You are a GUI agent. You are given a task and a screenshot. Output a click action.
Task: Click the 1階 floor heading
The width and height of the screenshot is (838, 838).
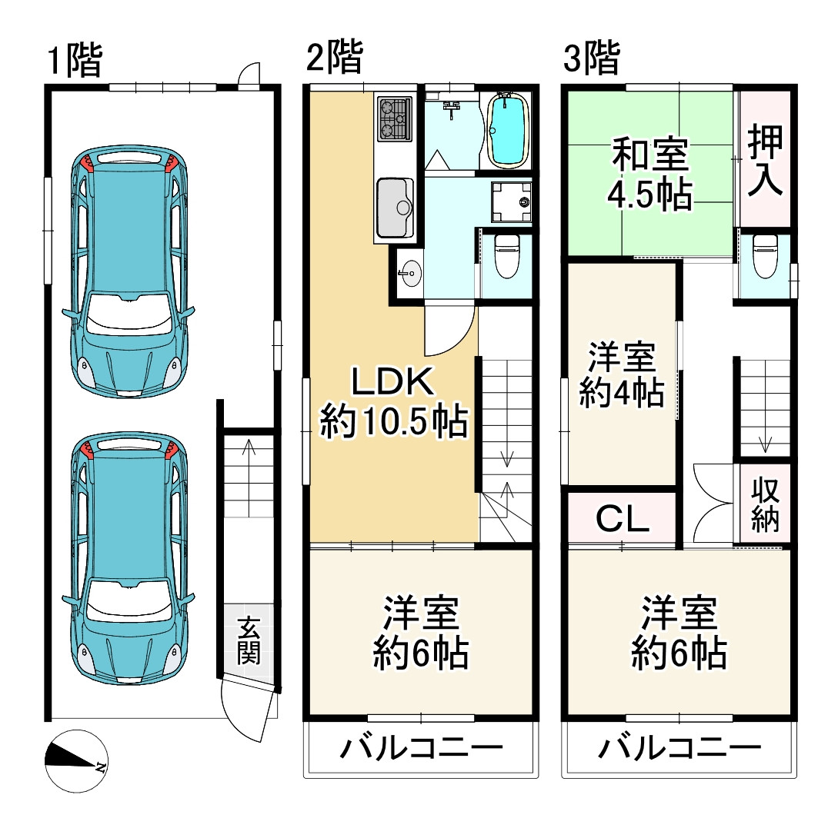[x=74, y=61]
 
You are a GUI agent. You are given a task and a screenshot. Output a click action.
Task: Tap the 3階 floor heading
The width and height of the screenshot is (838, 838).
[x=591, y=59]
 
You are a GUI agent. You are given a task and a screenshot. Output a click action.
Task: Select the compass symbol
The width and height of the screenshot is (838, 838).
[x=75, y=760]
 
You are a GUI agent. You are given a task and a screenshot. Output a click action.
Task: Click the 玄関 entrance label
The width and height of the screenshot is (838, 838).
[x=249, y=640]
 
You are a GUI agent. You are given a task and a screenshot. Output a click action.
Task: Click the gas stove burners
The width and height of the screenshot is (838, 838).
[x=395, y=119]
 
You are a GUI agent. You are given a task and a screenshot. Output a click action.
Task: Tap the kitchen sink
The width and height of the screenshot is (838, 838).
[x=395, y=207]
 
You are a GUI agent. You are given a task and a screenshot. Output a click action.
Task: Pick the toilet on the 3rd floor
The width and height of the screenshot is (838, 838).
[x=765, y=255]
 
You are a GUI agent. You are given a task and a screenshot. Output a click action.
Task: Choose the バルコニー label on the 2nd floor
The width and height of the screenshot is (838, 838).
[x=422, y=747]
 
